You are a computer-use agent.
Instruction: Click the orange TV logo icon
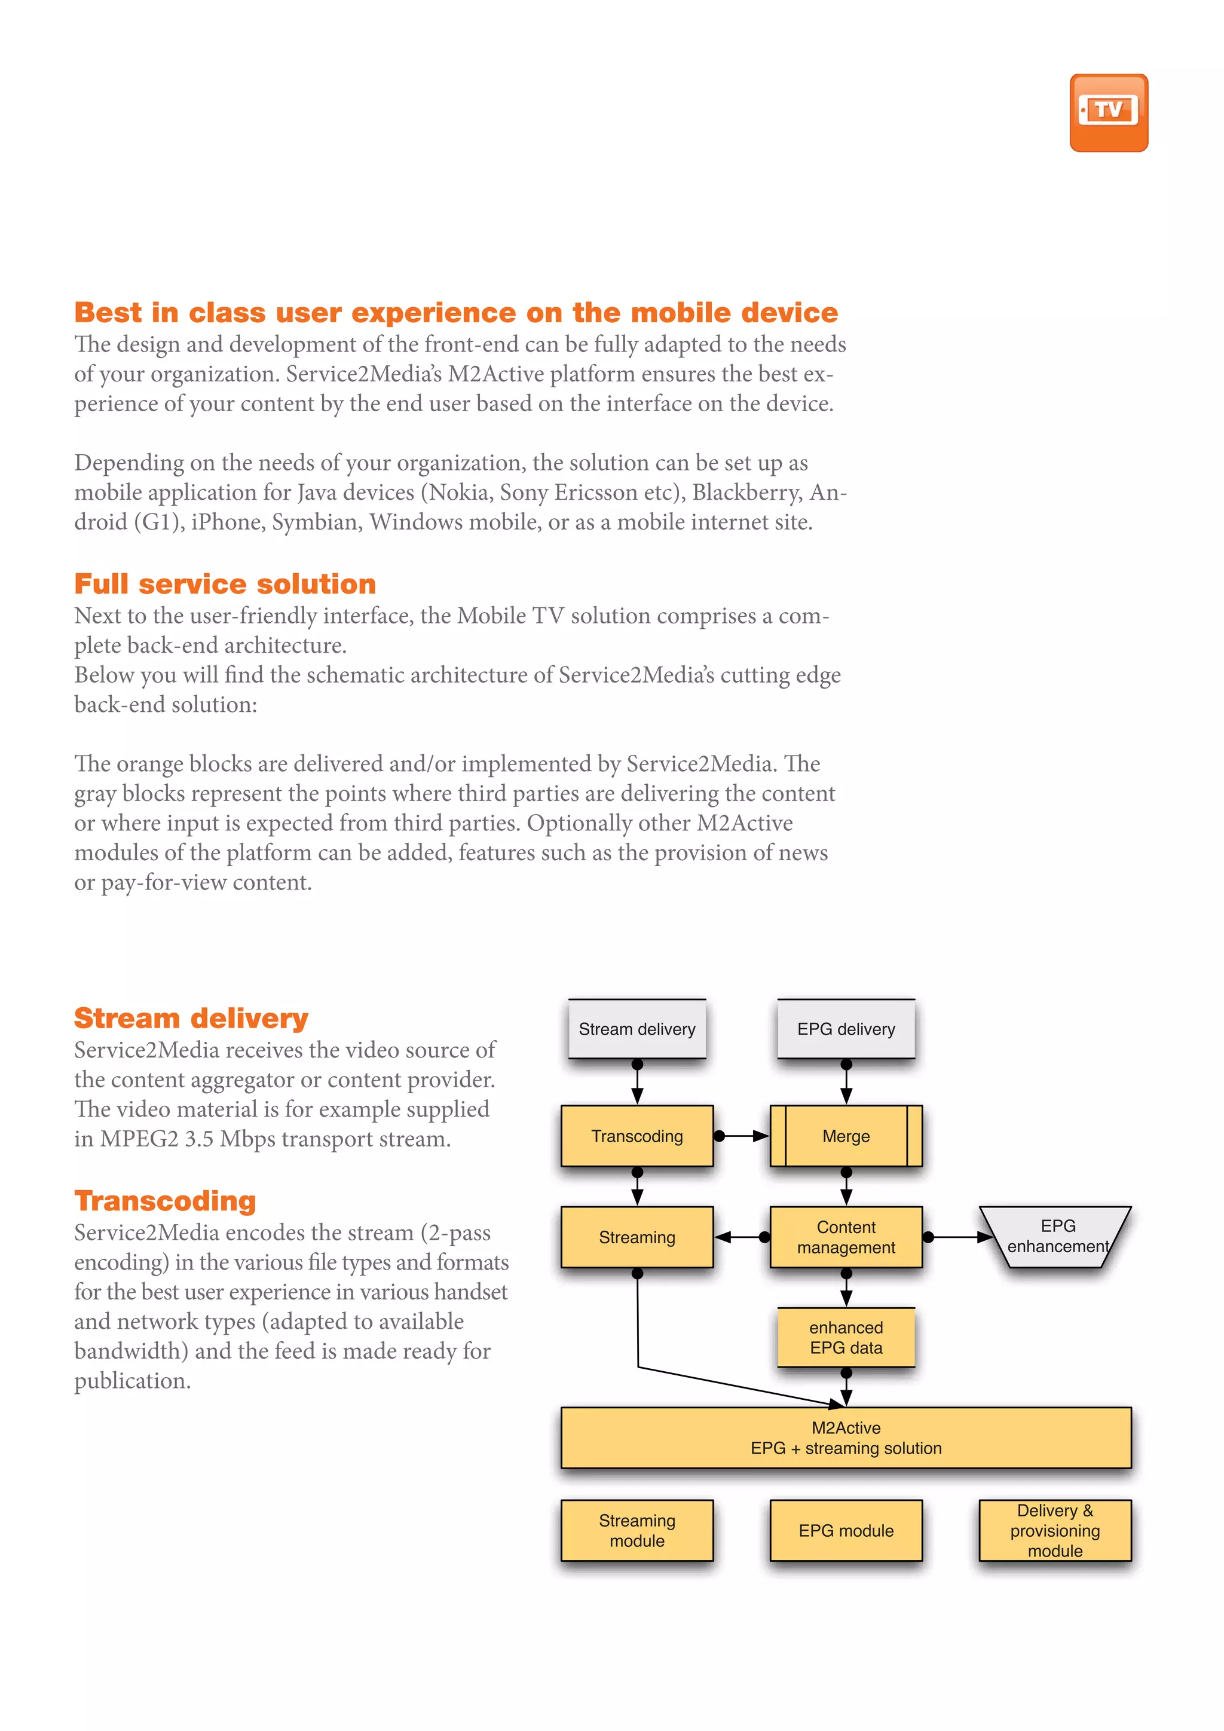pos(1108,112)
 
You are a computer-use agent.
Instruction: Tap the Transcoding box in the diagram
pos(637,1136)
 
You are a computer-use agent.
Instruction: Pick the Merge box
pos(846,1136)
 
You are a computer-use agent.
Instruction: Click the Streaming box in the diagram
pos(637,1237)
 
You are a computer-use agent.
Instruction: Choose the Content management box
pos(846,1237)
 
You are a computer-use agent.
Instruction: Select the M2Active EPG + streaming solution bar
pos(846,1437)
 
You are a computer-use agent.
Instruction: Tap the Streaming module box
pos(637,1530)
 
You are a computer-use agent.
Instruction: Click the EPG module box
pos(846,1530)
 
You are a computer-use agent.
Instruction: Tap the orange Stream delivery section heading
pos(191,1018)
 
